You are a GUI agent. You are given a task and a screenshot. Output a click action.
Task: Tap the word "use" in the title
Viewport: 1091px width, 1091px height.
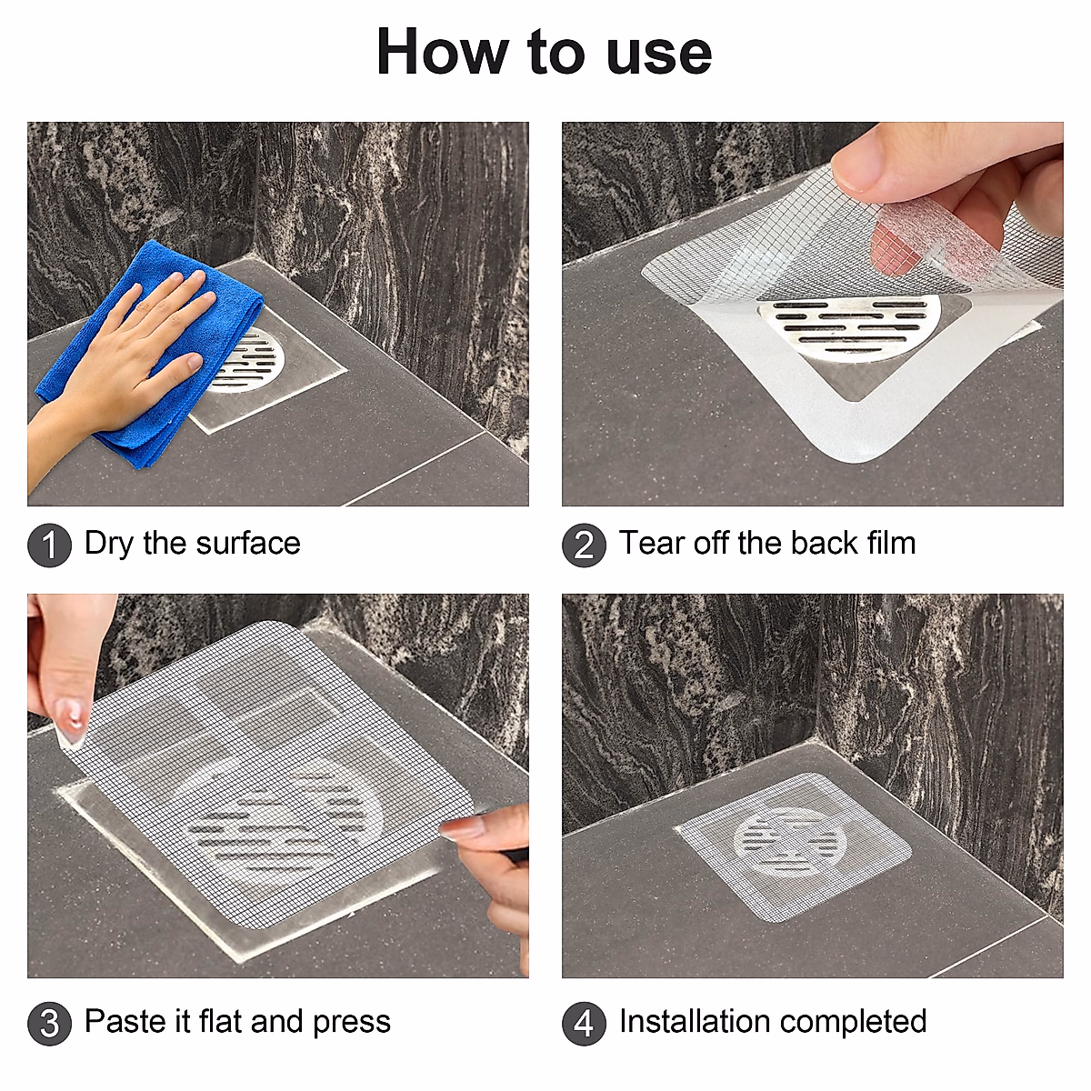658,56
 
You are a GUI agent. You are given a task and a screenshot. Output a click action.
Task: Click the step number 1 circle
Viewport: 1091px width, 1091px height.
49,545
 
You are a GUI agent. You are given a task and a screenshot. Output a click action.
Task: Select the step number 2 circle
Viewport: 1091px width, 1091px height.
584,545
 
